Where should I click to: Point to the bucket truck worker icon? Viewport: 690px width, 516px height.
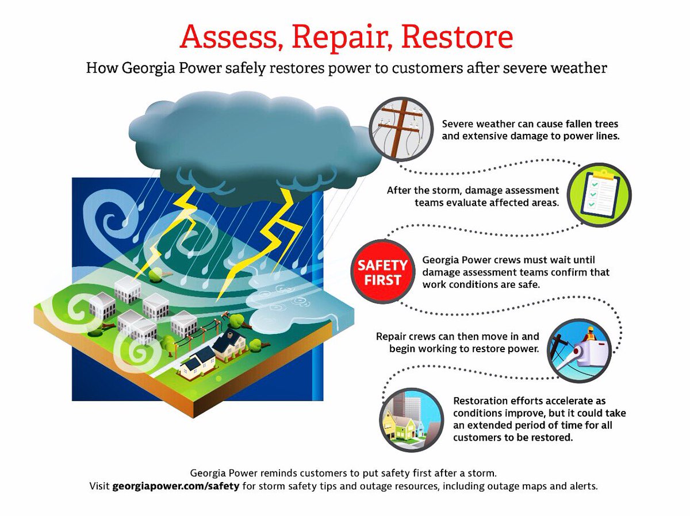[x=579, y=347]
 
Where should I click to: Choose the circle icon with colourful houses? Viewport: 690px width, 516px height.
[x=412, y=415]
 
